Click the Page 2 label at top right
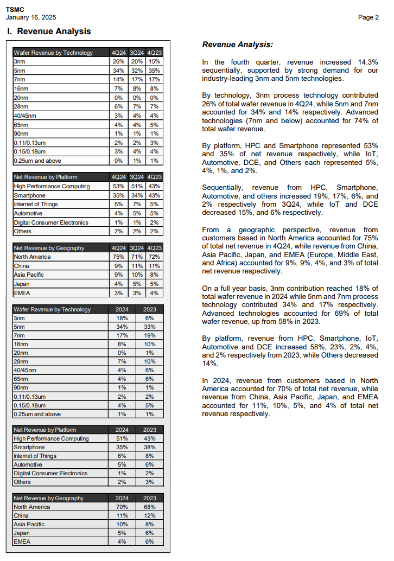tap(368, 17)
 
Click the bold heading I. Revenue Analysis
tap(49, 31)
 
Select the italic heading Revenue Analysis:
tap(238, 44)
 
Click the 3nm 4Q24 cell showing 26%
tap(118, 62)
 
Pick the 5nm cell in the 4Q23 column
tap(154, 71)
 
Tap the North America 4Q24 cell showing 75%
tap(118, 257)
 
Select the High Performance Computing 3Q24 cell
tap(136, 187)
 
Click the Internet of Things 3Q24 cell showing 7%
tap(136, 205)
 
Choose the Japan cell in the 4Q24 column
tap(118, 284)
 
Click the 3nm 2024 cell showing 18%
tap(122, 318)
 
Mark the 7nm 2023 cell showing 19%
tap(150, 336)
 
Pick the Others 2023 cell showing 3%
tap(150, 482)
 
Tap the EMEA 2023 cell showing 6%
tap(150, 541)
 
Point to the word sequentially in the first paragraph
tap(225, 71)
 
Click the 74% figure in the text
tap(353, 120)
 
